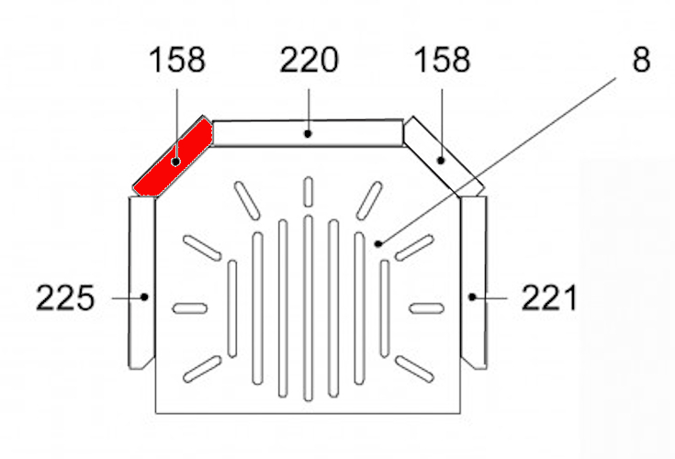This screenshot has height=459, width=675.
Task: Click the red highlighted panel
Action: pyautogui.click(x=174, y=156)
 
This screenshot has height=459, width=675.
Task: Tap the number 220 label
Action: pyautogui.click(x=309, y=62)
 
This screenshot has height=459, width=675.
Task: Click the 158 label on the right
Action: pyautogui.click(x=441, y=62)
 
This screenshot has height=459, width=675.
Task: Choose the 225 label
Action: pyautogui.click(x=65, y=297)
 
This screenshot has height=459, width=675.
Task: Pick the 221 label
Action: pyautogui.click(x=549, y=297)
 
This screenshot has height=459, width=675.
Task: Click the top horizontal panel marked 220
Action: pyautogui.click(x=308, y=133)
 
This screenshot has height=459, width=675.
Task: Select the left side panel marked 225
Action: pyautogui.click(x=141, y=280)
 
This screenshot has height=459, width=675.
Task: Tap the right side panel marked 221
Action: pyautogui.click(x=473, y=280)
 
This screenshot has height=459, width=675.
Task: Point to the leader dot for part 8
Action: pyautogui.click(x=378, y=243)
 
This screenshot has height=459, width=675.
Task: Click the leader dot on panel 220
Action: pyautogui.click(x=309, y=134)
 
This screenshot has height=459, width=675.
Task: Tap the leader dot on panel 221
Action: pyautogui.click(x=472, y=297)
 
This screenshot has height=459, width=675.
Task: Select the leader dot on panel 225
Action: pyautogui.click(x=143, y=297)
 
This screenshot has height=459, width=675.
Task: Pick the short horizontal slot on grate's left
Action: pyautogui.click(x=190, y=307)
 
